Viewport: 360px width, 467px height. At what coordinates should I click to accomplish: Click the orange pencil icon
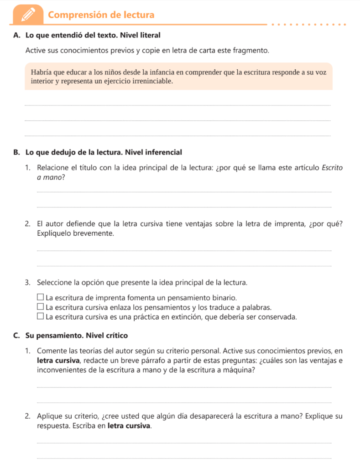pyautogui.click(x=28, y=14)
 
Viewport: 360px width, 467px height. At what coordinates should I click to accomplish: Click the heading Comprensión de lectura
pyautogui.click(x=101, y=15)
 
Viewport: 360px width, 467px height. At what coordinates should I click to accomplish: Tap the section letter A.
pyautogui.click(x=16, y=35)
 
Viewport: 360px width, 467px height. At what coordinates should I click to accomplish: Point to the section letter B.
pyautogui.click(x=16, y=152)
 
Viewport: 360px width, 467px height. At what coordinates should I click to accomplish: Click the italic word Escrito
pyautogui.click(x=332, y=167)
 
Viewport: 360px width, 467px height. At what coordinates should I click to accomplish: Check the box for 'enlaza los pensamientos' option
pyautogui.click(x=41, y=307)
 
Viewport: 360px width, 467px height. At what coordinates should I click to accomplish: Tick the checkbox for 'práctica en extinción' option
pyautogui.click(x=41, y=317)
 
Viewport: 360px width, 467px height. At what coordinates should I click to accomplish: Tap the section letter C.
pyautogui.click(x=16, y=336)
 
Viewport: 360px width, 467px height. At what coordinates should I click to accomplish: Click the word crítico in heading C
pyautogui.click(x=116, y=336)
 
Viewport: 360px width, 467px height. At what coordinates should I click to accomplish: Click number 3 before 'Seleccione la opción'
pyautogui.click(x=28, y=282)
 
